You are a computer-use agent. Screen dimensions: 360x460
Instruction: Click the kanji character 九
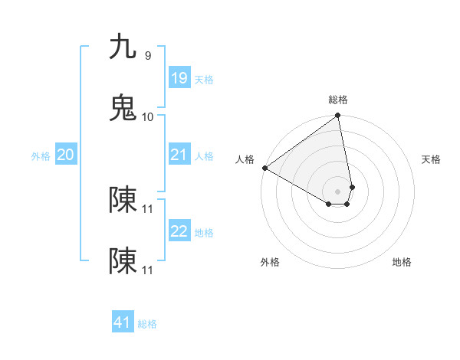click(123, 47)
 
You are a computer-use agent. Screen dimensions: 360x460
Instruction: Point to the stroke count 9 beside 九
click(148, 55)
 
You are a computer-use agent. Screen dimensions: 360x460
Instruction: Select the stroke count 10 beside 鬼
click(148, 116)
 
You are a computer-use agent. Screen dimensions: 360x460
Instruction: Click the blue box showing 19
click(179, 78)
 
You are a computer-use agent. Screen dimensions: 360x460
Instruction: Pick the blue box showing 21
click(179, 155)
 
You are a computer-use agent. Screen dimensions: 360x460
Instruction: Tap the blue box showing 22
click(179, 232)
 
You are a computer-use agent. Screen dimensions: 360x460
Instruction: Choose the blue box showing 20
click(65, 155)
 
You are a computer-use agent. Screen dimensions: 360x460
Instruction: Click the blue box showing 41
click(123, 322)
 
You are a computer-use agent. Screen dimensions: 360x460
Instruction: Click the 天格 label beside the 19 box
click(204, 80)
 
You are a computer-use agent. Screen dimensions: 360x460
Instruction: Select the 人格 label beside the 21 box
click(204, 156)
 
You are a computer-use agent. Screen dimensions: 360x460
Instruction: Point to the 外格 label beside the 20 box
click(41, 156)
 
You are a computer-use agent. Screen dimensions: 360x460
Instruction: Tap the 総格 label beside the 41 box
click(147, 324)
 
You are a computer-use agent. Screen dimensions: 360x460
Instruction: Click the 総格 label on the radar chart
click(338, 100)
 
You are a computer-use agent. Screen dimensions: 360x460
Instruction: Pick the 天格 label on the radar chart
click(431, 159)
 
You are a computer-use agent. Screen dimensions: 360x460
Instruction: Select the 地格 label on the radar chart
click(402, 262)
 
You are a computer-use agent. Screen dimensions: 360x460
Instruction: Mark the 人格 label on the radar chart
click(245, 159)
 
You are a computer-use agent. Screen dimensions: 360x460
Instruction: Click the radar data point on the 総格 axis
click(338, 116)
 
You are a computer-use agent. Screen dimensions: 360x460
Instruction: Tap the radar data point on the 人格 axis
click(264, 168)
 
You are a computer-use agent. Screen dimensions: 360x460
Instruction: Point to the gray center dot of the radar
click(338, 191)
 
